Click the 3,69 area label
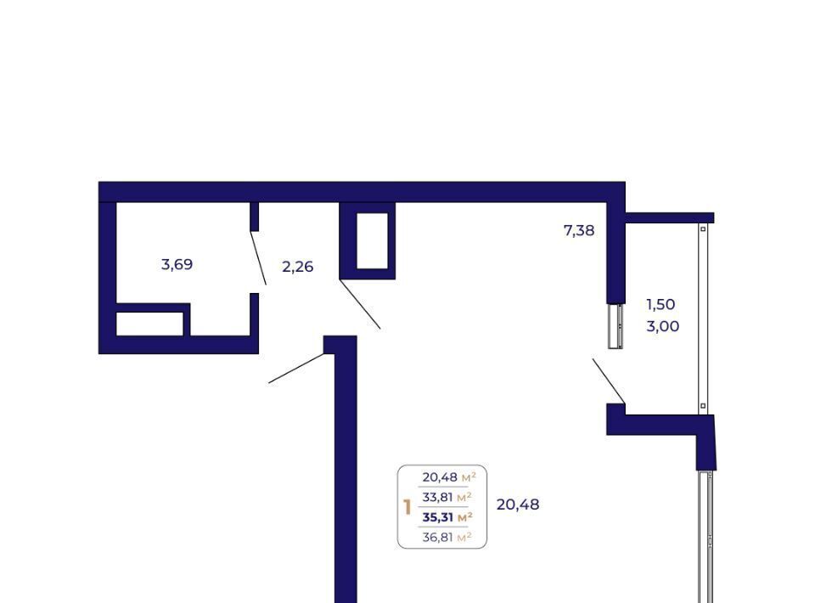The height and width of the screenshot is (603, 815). point(177,265)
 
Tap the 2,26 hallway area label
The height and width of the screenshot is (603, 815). point(298,267)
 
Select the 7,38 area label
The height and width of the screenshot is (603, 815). point(579,230)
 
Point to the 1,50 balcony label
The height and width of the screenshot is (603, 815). point(660,304)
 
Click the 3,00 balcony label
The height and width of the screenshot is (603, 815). point(663,326)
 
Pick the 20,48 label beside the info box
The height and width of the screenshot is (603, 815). point(518,504)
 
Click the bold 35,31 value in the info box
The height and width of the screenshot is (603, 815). point(438,517)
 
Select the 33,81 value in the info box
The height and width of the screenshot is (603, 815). point(438,497)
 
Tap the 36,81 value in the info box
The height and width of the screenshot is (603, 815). point(438,537)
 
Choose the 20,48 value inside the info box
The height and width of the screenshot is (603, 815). point(440,476)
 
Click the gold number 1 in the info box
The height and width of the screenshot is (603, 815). point(407,507)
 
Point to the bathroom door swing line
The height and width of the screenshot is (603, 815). point(258,258)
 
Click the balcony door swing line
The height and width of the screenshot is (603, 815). point(609,380)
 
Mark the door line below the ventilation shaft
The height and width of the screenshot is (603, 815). point(360,304)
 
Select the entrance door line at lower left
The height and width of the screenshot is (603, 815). point(296,368)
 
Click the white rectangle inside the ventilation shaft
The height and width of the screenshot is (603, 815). point(372,240)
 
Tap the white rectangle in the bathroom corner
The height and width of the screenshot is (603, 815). point(149,324)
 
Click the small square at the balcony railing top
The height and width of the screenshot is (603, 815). point(703,228)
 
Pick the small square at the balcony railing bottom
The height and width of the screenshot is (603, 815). point(703,406)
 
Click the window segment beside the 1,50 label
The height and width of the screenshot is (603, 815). point(616,326)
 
